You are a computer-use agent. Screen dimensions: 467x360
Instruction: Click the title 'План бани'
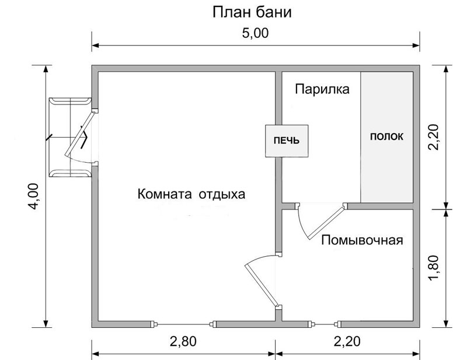tap(252, 13)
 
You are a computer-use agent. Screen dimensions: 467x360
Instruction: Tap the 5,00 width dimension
tap(255, 33)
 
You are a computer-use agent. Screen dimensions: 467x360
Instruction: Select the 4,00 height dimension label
tap(34, 196)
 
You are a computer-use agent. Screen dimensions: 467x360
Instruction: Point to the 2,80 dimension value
tap(183, 341)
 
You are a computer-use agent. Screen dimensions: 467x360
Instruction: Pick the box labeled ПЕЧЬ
tap(287, 141)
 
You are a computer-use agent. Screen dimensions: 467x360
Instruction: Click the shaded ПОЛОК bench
tap(387, 137)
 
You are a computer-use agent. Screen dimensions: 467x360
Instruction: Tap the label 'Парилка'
tap(322, 89)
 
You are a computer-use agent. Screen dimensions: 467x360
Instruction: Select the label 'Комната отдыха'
tap(191, 194)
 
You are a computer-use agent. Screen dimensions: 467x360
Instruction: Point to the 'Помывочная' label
tap(362, 240)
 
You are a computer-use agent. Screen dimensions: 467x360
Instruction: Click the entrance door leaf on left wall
tap(79, 134)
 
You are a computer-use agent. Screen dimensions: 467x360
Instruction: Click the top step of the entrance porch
tap(70, 101)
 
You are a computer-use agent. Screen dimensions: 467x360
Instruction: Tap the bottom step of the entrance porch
tap(70, 174)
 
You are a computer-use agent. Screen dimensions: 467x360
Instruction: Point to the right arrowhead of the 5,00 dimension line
tap(416, 46)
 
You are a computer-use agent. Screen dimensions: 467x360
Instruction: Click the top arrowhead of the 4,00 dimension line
tap(46, 69)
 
